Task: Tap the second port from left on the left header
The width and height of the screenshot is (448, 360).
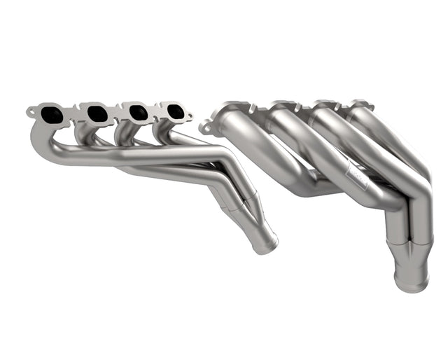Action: [x=96, y=111]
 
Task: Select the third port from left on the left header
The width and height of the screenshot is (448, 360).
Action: [x=136, y=111]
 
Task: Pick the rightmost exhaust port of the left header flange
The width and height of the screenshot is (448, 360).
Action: [x=175, y=111]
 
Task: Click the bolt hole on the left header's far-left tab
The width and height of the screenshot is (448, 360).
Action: [x=31, y=111]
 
